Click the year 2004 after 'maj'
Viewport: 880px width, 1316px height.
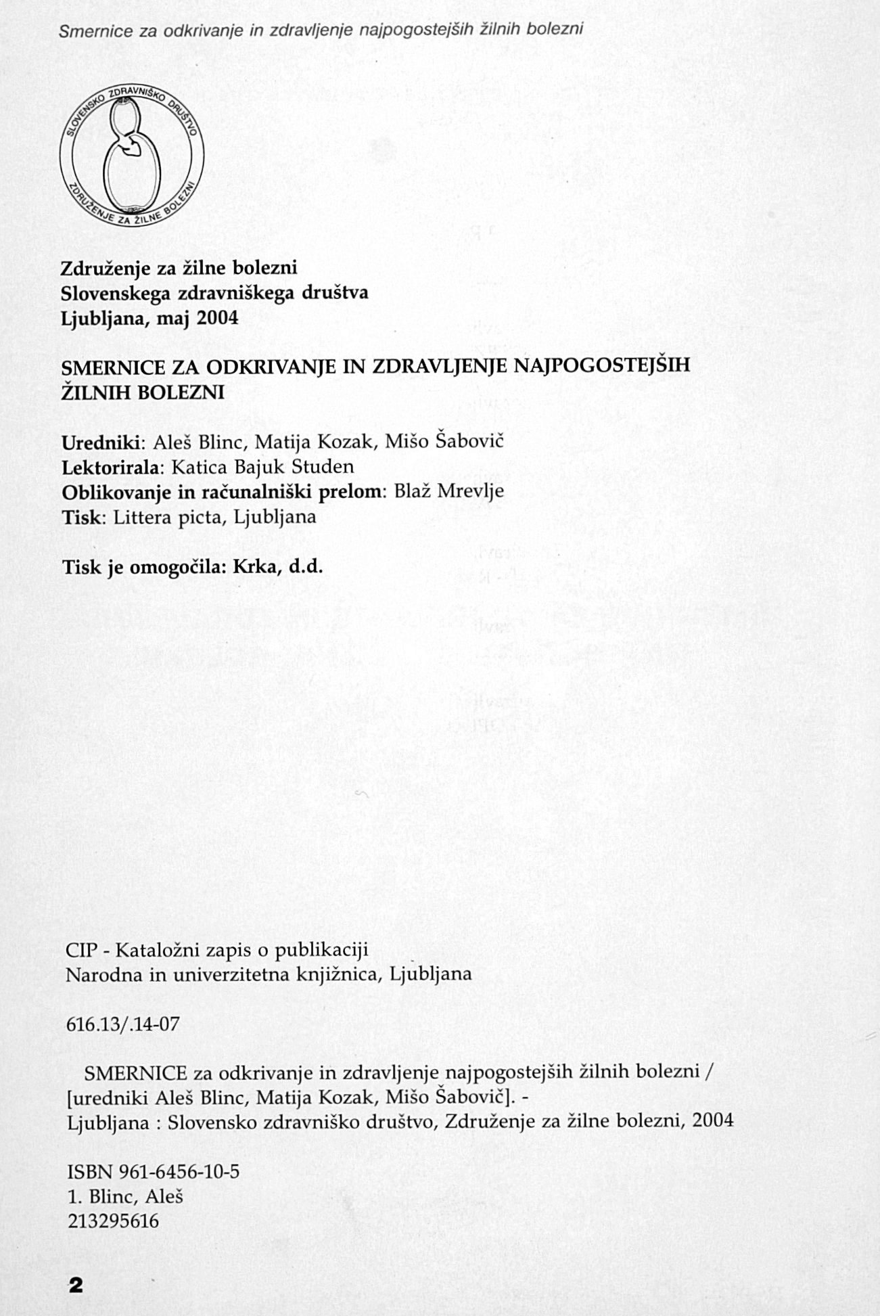click(218, 318)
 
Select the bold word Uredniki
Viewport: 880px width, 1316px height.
click(101, 443)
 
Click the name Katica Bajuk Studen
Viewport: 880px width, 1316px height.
click(262, 467)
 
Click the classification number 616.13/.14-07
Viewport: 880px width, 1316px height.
click(123, 1024)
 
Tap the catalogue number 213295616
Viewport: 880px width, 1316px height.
click(114, 1221)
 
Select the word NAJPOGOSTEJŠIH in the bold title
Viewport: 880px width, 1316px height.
click(603, 367)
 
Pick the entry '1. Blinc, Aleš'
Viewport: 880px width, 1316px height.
click(126, 1196)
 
